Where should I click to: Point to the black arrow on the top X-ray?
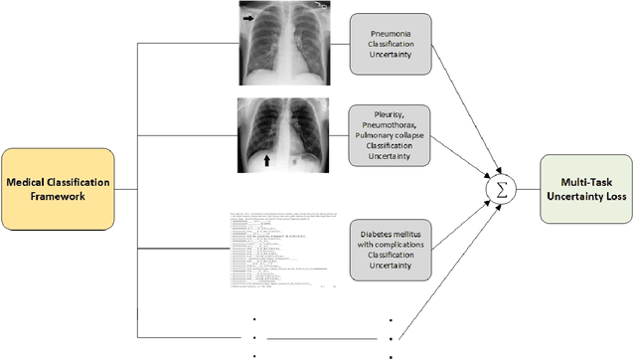(x=246, y=18)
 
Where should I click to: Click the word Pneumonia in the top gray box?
(x=391, y=31)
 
